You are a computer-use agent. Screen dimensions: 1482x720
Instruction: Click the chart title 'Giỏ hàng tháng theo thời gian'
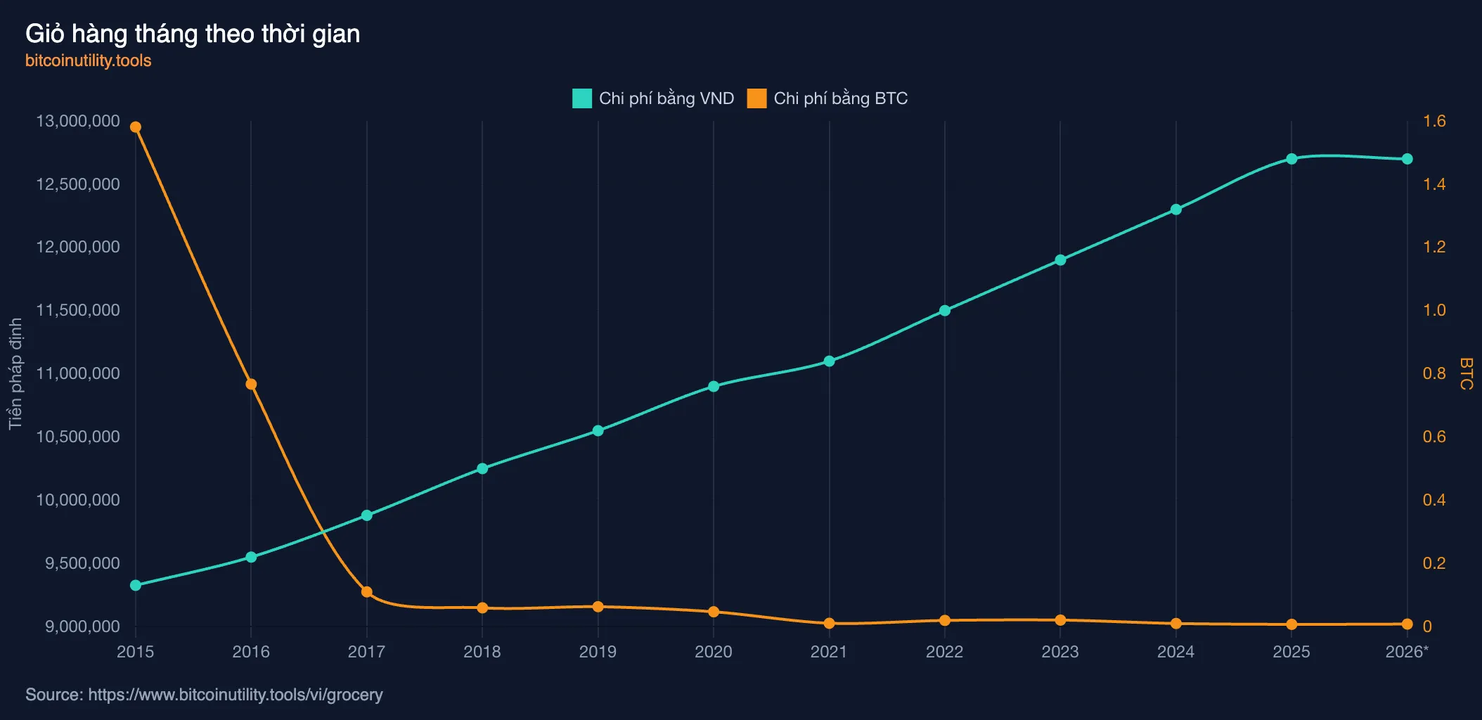click(x=193, y=34)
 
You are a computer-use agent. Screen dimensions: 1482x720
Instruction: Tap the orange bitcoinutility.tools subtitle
click(x=89, y=60)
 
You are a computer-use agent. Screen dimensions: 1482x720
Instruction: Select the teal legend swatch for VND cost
click(x=582, y=98)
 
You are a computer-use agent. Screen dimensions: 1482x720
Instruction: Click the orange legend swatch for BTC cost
click(x=756, y=98)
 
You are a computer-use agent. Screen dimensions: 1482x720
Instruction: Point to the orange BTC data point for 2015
click(x=136, y=127)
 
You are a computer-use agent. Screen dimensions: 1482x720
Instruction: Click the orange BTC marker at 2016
click(x=251, y=384)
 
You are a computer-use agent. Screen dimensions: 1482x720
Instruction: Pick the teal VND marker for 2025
click(x=1291, y=159)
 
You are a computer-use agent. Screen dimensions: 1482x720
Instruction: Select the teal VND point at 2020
click(x=714, y=386)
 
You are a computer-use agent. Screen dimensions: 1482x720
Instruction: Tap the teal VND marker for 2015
click(x=136, y=585)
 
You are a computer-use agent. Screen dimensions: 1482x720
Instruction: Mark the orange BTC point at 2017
click(x=367, y=592)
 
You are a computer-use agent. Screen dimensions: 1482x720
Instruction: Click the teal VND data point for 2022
click(x=945, y=310)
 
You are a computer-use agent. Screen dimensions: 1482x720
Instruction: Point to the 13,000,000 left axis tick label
click(x=78, y=121)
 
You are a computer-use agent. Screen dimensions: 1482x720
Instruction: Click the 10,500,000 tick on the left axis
click(x=78, y=437)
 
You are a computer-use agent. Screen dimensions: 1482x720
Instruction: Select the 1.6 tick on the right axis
click(x=1434, y=121)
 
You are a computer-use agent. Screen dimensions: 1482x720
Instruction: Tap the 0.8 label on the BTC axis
click(x=1434, y=373)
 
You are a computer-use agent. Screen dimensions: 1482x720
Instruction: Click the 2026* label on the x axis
click(x=1407, y=652)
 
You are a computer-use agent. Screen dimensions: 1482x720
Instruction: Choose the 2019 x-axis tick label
click(x=598, y=652)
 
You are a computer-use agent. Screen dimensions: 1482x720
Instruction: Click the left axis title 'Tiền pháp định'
click(x=15, y=373)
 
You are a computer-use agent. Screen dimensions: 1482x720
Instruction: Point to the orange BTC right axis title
click(x=1467, y=373)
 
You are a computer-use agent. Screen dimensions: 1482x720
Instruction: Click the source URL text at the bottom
click(x=204, y=695)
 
